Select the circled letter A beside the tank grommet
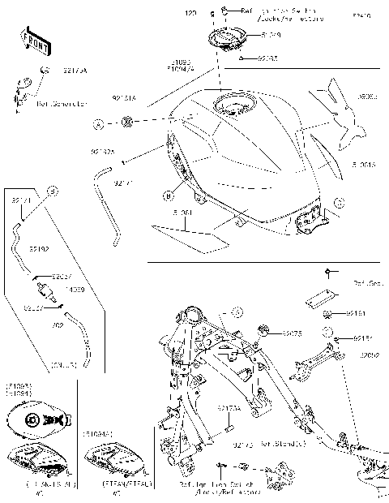[x=97, y=125]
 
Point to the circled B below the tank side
[x=168, y=195]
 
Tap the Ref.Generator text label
[x=61, y=104]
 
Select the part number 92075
[x=293, y=333]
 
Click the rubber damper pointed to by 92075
[x=263, y=329]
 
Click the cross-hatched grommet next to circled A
[x=127, y=123]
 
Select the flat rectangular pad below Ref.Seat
[x=321, y=298]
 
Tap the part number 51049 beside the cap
[x=271, y=36]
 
